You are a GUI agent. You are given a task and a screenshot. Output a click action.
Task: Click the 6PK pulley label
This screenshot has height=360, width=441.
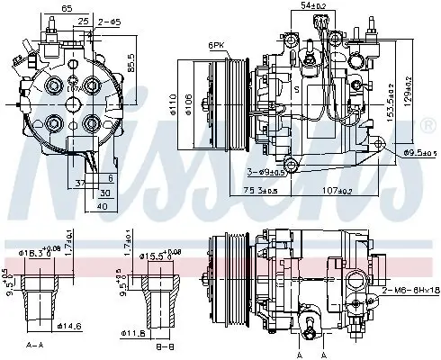pyautogui.click(x=218, y=44)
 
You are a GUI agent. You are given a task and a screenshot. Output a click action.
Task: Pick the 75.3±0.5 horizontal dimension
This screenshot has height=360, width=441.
pyautogui.click(x=265, y=191)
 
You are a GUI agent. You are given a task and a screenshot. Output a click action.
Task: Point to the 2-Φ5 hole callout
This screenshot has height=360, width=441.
pyautogui.click(x=110, y=18)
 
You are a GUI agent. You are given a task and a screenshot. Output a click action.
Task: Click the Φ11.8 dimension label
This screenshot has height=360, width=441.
pyautogui.click(x=135, y=334)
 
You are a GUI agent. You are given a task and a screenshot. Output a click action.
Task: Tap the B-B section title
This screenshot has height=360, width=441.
pyautogui.click(x=162, y=346)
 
